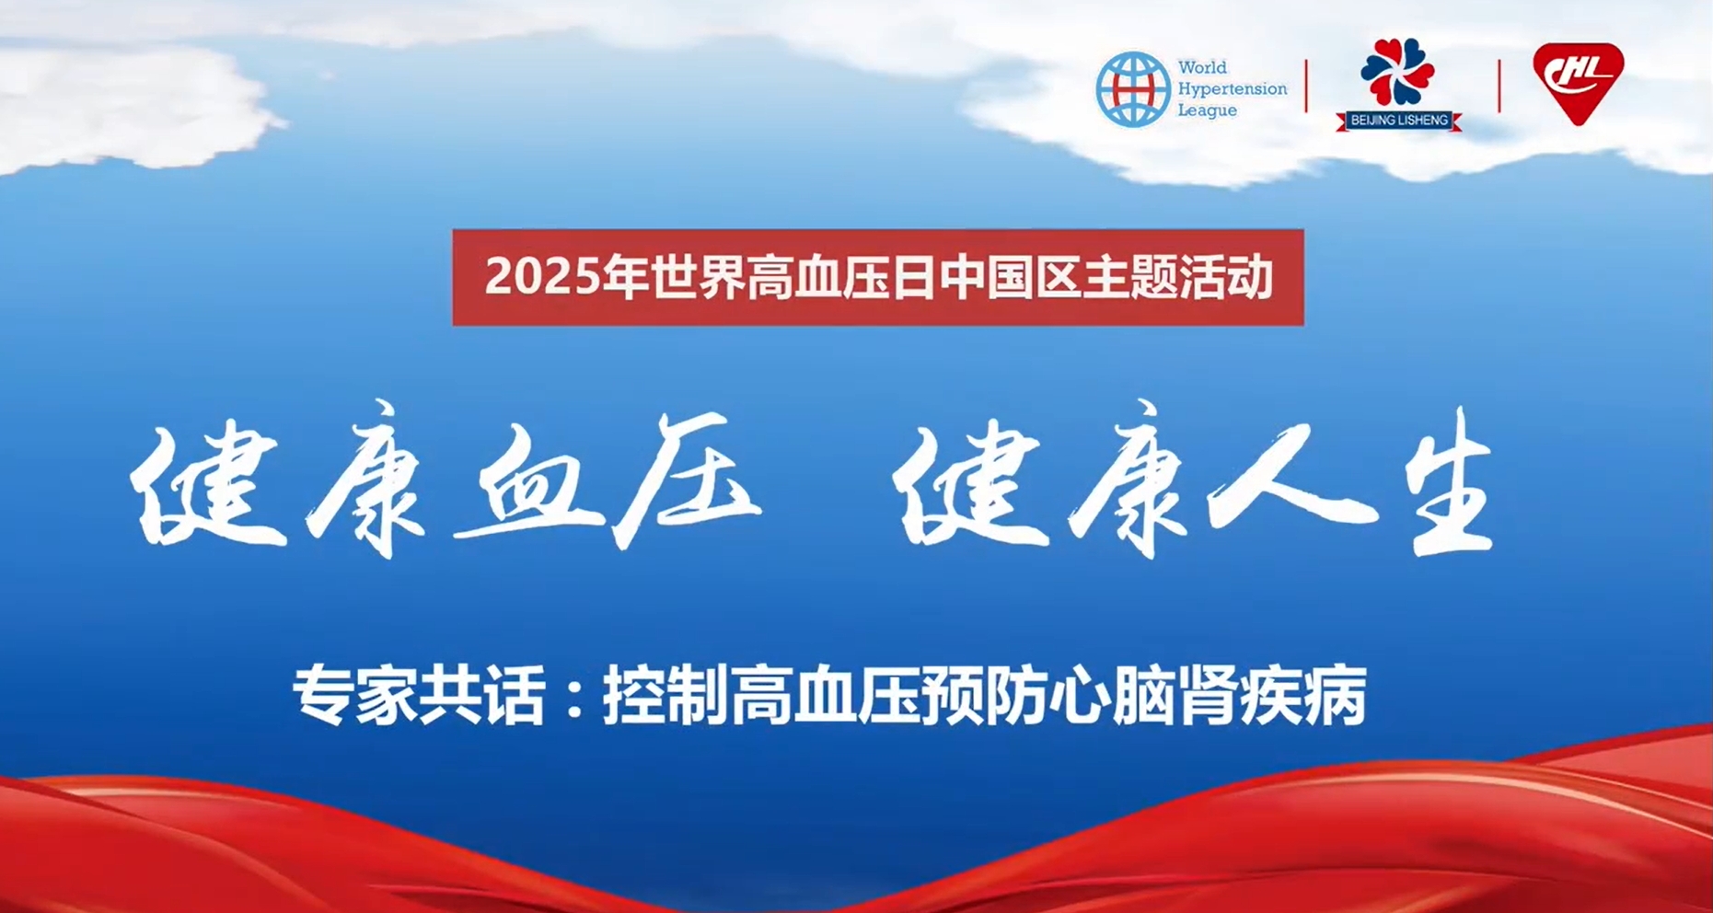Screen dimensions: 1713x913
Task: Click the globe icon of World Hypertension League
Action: click(x=1133, y=89)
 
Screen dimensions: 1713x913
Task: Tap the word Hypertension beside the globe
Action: click(x=1233, y=89)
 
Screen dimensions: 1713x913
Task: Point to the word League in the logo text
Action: click(x=1208, y=110)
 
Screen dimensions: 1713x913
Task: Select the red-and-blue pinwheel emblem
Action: click(x=1397, y=72)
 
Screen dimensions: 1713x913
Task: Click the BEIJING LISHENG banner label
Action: click(x=1399, y=121)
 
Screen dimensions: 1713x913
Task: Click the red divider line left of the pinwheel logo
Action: click(x=1306, y=86)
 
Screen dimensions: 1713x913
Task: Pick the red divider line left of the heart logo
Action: click(x=1499, y=86)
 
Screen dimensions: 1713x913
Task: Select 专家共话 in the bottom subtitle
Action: click(x=419, y=696)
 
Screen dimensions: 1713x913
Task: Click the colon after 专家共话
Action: click(x=575, y=699)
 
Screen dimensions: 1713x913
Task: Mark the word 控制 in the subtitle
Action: click(x=665, y=696)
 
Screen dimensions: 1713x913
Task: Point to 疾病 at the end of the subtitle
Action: click(x=1304, y=696)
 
